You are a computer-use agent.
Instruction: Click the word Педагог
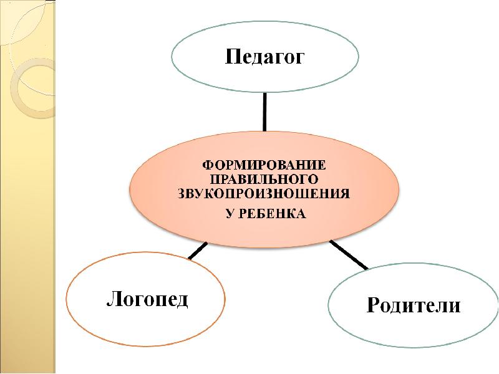coord(265,58)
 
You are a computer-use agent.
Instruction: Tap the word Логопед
coord(147,298)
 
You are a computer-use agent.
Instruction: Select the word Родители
coord(414,305)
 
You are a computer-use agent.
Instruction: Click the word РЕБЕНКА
coord(272,214)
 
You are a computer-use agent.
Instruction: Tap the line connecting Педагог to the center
coord(265,112)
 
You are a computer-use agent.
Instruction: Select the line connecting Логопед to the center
coord(198,251)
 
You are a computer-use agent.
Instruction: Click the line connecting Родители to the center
coord(349,254)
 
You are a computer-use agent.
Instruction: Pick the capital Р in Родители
coord(374,305)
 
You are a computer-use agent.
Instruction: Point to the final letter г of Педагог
coord(299,59)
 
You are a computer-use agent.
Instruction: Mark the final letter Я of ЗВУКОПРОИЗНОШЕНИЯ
coord(345,193)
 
